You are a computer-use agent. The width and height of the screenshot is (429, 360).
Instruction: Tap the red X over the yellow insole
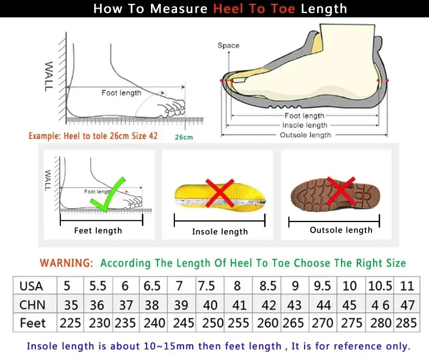click(x=219, y=194)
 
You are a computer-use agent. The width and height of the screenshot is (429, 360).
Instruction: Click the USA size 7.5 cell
click(x=206, y=286)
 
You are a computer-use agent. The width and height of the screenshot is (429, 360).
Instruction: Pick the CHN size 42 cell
click(x=268, y=305)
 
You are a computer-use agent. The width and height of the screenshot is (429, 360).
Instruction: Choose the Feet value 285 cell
click(x=407, y=323)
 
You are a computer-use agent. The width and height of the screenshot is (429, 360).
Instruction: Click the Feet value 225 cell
click(x=70, y=323)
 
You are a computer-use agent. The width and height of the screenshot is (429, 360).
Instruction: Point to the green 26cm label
click(x=184, y=137)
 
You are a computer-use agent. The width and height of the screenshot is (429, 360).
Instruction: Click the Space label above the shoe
click(x=228, y=46)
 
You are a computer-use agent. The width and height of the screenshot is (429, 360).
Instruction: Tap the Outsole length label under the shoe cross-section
click(x=305, y=135)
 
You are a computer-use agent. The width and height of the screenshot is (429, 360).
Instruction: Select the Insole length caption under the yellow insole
click(x=219, y=232)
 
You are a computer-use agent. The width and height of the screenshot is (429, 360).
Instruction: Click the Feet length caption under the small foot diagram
click(x=98, y=231)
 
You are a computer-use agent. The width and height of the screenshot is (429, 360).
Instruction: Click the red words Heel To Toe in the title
click(x=255, y=9)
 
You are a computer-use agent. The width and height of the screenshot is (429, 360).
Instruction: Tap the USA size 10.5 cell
click(x=380, y=286)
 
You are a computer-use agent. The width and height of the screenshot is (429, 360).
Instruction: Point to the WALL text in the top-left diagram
click(x=48, y=75)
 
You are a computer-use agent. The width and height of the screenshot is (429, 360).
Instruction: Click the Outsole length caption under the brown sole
click(x=341, y=230)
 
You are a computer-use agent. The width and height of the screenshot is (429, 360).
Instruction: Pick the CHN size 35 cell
click(x=70, y=305)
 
